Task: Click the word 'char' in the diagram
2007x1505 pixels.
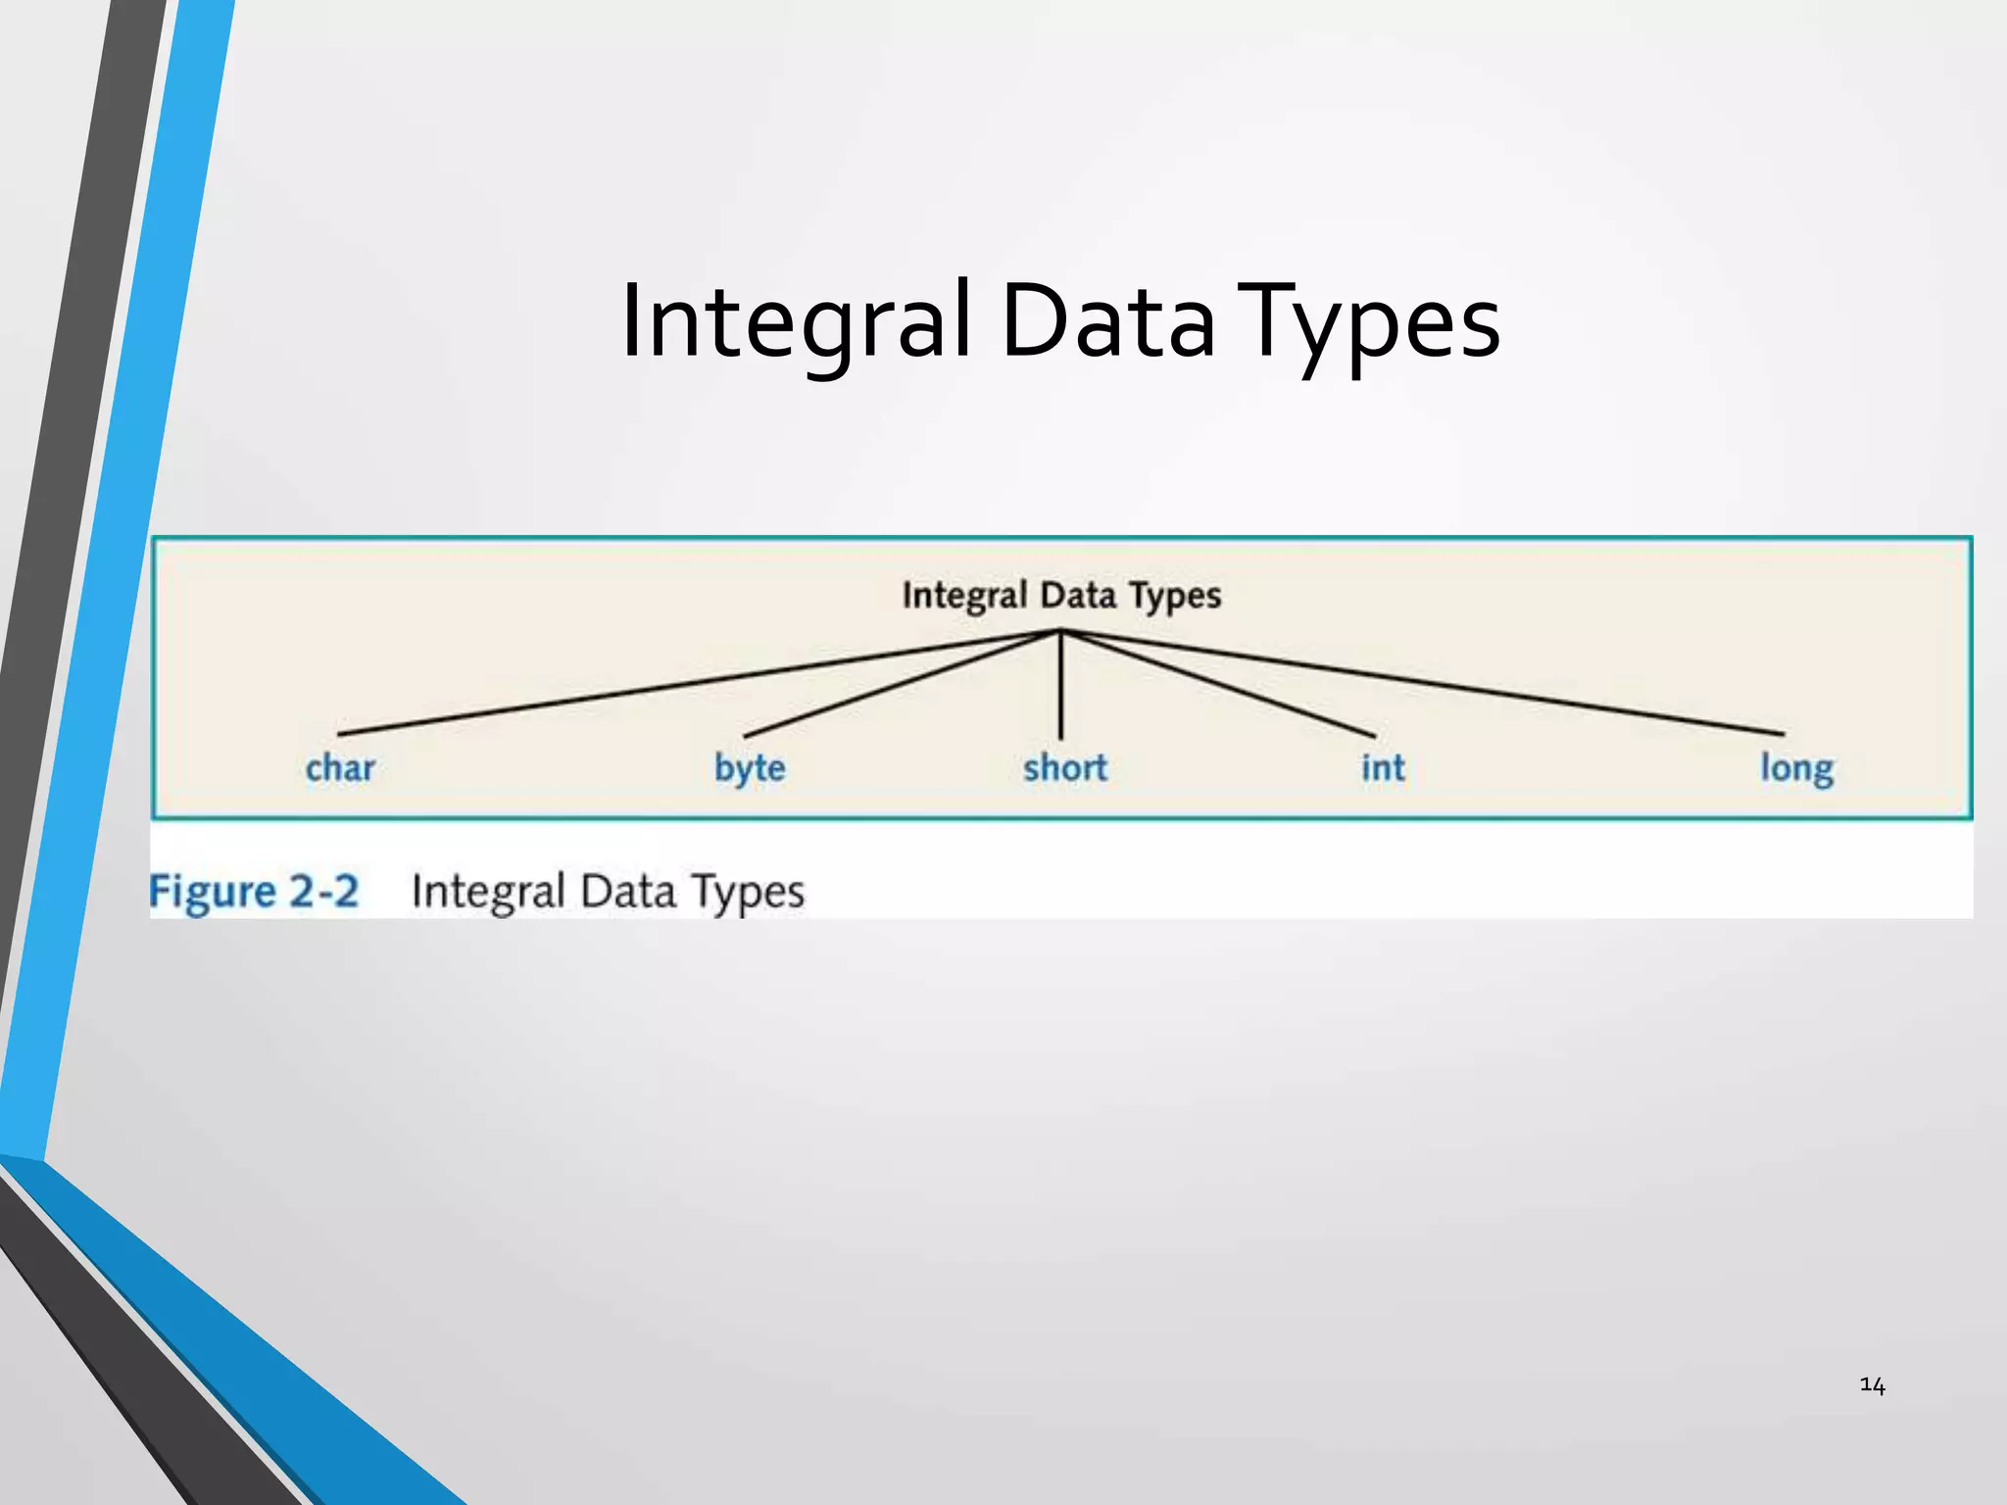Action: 340,768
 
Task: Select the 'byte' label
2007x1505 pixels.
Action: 750,768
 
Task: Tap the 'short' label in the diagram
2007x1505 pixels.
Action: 1065,768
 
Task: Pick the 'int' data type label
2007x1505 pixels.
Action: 1383,768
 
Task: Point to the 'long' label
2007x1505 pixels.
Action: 1796,768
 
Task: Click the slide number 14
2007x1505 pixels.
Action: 1872,1385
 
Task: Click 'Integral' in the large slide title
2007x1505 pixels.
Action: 796,321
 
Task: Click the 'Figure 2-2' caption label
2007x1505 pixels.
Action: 254,892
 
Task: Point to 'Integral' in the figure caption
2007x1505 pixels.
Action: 488,892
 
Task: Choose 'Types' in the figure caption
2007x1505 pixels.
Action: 748,892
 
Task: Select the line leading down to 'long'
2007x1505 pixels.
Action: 1421,681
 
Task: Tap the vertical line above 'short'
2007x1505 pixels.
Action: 1061,686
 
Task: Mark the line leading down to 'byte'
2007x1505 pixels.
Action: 902,684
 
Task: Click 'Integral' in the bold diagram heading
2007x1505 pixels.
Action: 964,596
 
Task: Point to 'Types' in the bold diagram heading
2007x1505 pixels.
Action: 1175,596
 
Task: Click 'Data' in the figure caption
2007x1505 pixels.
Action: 627,892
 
